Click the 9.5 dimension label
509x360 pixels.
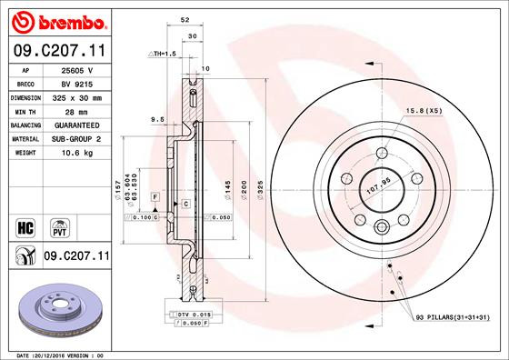[157, 119]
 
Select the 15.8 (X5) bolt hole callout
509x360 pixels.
[424, 111]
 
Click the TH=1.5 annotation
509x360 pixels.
[162, 55]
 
